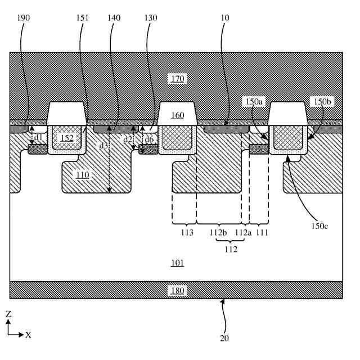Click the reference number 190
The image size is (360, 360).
click(x=24, y=18)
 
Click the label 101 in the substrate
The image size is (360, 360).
click(x=178, y=263)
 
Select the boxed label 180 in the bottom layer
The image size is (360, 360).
click(x=178, y=290)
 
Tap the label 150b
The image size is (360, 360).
click(x=322, y=101)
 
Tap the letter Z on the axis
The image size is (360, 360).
click(x=8, y=314)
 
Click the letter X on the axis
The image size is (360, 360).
click(x=28, y=335)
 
